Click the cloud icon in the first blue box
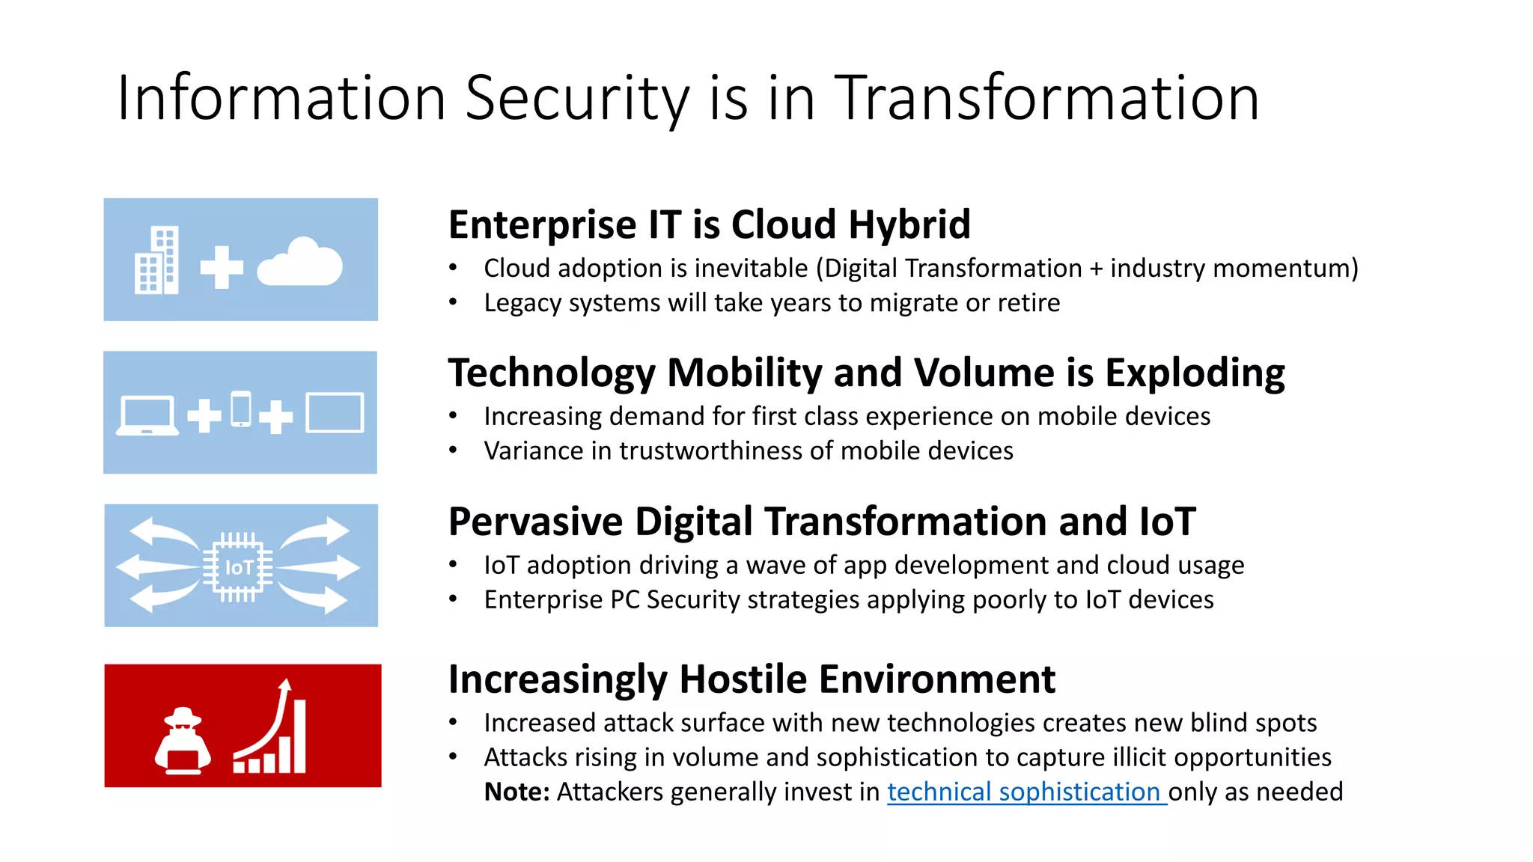coord(299,263)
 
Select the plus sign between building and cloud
coord(222,267)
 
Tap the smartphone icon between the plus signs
coord(241,409)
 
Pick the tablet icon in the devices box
coord(335,412)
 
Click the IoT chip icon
coord(238,567)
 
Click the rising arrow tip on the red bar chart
coord(284,684)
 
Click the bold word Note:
coord(516,792)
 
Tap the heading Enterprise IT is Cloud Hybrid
coord(709,224)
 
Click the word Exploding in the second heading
coord(1195,373)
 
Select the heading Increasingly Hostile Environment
coord(752,679)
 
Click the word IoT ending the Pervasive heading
coord(1167,522)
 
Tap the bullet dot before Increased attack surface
coord(453,723)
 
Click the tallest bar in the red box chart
coord(299,736)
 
